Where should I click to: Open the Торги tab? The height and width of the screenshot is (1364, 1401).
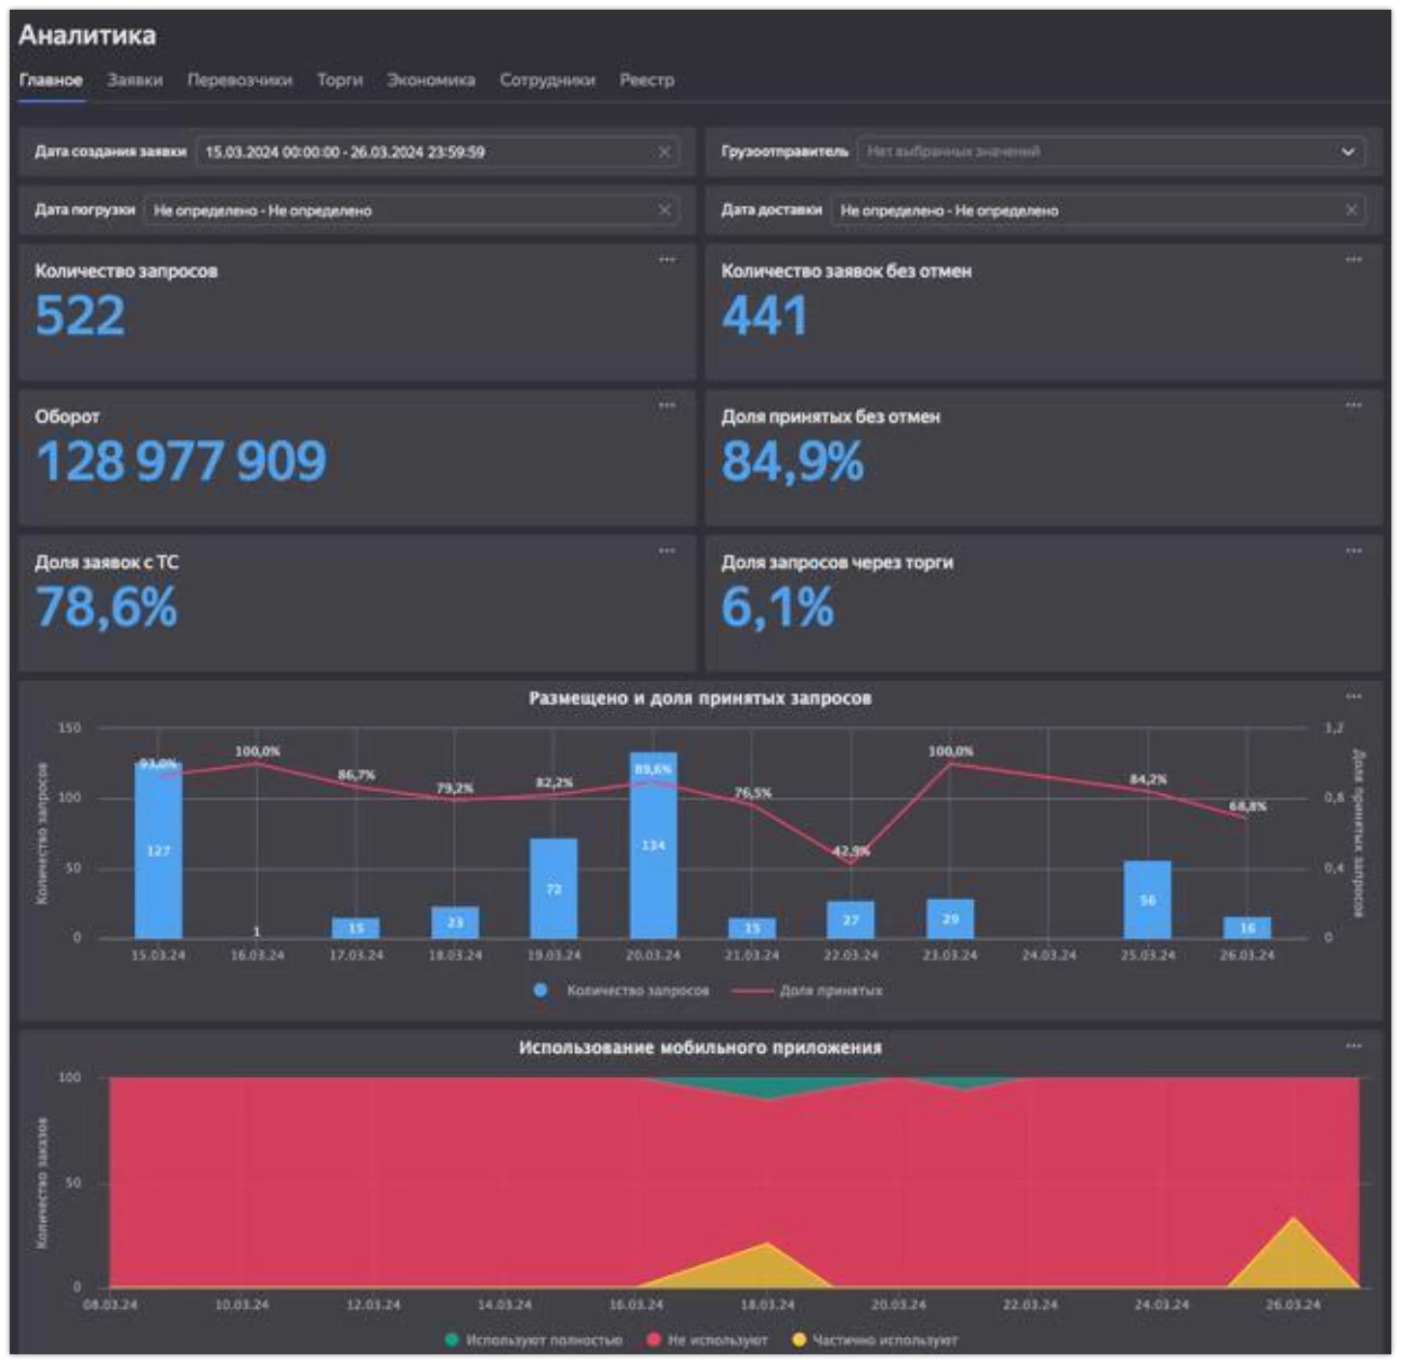[339, 80]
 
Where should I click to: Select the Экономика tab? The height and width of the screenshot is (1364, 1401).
[431, 80]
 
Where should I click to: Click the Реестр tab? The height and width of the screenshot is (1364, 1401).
[646, 80]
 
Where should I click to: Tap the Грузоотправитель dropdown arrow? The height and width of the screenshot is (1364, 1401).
[1348, 152]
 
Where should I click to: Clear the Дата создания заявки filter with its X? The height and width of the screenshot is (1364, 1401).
[665, 152]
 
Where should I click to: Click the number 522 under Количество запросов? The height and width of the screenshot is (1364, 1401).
[80, 316]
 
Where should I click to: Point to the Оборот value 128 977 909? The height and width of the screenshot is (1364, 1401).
[182, 461]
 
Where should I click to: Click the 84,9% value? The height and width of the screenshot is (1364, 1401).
[792, 461]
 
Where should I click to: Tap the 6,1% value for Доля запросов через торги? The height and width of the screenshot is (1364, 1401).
[777, 608]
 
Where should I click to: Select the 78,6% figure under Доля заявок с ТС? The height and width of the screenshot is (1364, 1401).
[106, 608]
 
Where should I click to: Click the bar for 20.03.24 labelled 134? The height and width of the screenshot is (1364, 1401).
[653, 845]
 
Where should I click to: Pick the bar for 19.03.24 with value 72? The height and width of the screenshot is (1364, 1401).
[554, 888]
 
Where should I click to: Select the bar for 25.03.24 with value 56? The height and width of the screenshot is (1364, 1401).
[1147, 899]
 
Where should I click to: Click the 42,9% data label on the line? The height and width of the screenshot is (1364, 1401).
[851, 851]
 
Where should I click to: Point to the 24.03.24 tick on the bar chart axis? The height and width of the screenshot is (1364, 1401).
[1048, 955]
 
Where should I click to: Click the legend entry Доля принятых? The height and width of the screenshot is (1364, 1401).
[830, 991]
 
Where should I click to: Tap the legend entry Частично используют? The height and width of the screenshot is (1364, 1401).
[884, 1340]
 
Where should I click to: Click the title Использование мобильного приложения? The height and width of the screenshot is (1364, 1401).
[700, 1048]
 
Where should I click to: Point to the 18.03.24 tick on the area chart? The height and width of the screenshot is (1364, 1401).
[767, 1305]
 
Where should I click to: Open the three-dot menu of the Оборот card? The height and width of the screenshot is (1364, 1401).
[667, 405]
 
